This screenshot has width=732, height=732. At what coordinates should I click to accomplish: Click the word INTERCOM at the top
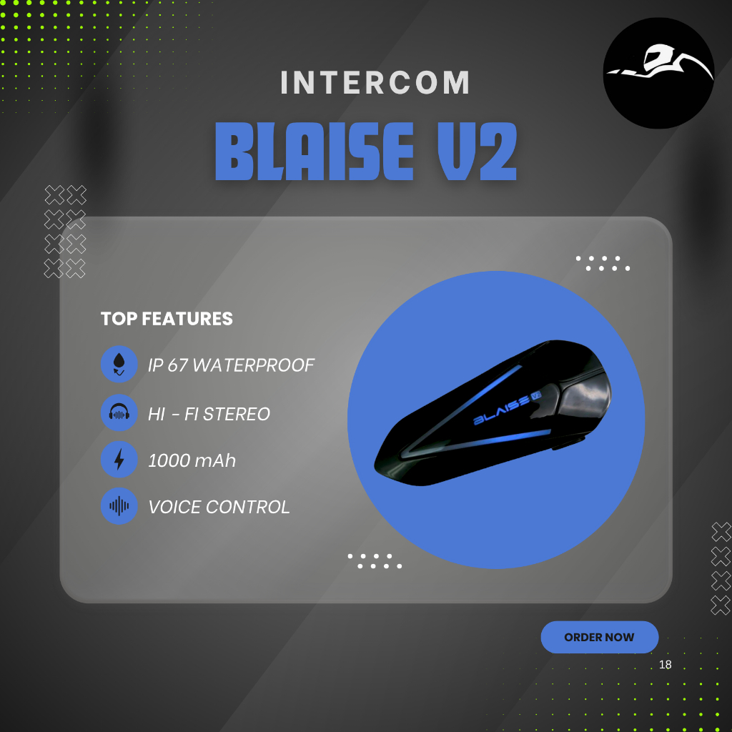[375, 83]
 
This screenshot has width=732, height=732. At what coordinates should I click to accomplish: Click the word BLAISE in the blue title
[315, 152]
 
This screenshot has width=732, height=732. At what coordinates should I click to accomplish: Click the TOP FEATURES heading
[167, 319]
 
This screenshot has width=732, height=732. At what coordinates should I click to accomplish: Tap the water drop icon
[119, 365]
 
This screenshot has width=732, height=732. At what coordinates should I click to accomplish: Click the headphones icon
[119, 412]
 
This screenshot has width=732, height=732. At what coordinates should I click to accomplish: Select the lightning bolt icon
[119, 459]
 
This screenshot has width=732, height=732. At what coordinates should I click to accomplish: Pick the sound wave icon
[119, 506]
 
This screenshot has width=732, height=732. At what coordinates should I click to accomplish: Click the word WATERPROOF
[254, 365]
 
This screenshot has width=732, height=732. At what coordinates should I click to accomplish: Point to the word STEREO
[237, 413]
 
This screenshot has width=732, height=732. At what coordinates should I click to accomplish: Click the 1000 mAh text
[192, 460]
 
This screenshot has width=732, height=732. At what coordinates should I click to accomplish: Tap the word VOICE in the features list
[174, 508]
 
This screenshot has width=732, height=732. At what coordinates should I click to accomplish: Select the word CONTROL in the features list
[248, 508]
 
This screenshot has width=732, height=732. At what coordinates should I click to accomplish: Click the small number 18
[665, 665]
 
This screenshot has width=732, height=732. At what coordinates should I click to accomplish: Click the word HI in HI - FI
[157, 413]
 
